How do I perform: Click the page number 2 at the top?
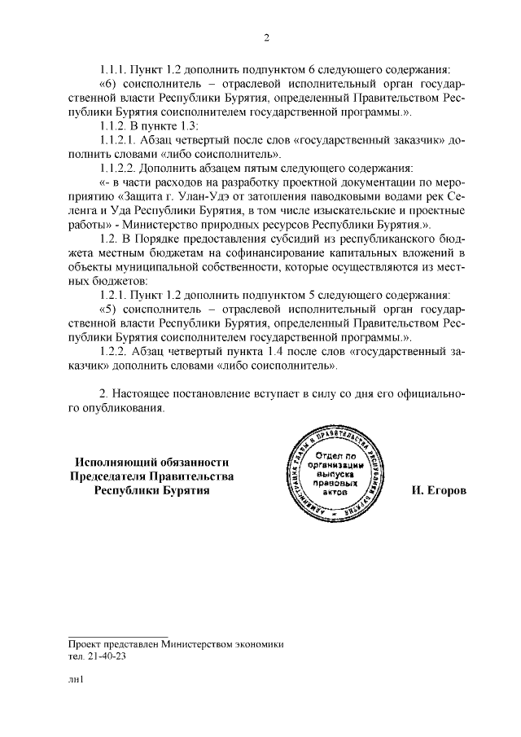pos(266,37)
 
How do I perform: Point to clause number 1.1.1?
pos(116,70)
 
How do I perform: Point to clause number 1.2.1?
pos(116,295)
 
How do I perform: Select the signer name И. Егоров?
pos(440,492)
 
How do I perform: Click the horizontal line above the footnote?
pos(118,635)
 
